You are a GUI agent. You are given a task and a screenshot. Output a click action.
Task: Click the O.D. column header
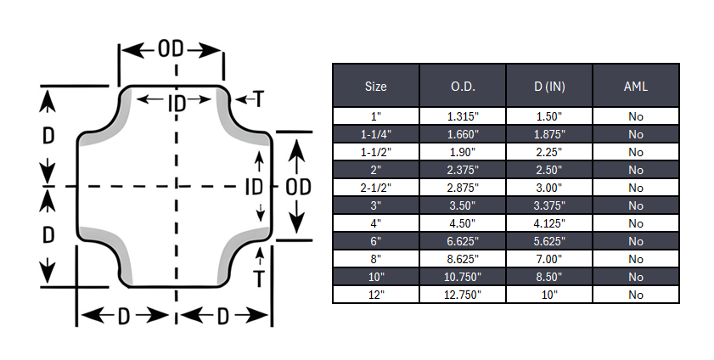tap(463, 86)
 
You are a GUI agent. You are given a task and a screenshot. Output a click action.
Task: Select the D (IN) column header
tap(549, 86)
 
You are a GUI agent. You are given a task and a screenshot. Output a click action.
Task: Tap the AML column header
tap(636, 86)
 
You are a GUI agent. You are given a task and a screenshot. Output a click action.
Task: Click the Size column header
tap(375, 86)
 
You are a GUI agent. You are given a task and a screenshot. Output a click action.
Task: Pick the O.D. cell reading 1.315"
tap(463, 117)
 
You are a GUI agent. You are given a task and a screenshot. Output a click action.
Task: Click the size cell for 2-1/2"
tap(375, 188)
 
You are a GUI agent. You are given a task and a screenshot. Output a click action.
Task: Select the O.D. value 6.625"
tap(463, 241)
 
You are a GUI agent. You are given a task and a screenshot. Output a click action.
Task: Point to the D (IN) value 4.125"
tap(549, 224)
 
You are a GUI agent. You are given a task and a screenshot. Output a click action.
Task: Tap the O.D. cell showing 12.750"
tap(463, 295)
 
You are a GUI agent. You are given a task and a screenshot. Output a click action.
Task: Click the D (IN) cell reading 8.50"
tap(549, 277)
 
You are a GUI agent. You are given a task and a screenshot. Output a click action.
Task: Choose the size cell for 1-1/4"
tap(375, 134)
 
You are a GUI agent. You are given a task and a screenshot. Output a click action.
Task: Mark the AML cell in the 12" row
tap(636, 295)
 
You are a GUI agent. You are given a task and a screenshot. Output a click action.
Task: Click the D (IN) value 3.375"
tap(549, 205)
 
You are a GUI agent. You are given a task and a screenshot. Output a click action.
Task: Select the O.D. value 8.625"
tap(463, 259)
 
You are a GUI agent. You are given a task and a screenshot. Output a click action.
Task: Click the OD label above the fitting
tap(171, 49)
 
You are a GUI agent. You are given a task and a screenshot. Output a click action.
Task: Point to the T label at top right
tap(258, 100)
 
